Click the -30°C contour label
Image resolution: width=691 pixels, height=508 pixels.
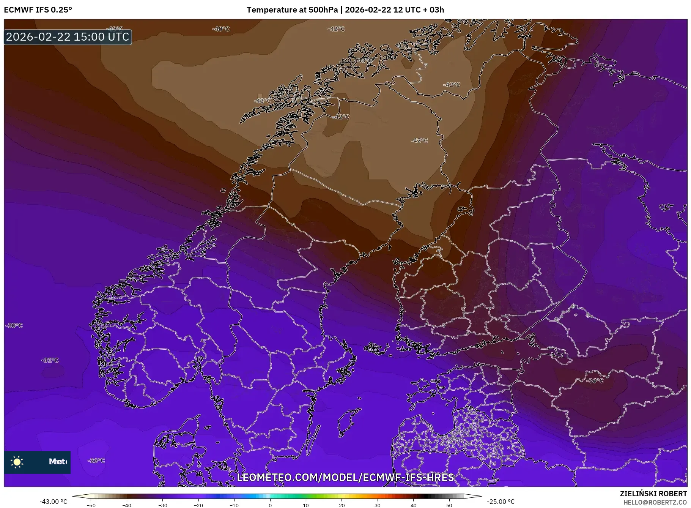point(14,325)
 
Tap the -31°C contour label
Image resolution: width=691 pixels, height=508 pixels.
point(50,360)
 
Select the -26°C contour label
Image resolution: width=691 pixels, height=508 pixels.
point(96,461)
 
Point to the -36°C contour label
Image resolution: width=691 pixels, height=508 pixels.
point(595,380)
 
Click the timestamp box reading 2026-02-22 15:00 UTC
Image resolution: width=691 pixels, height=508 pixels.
point(68,37)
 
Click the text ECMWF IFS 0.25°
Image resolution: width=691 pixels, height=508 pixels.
point(38,10)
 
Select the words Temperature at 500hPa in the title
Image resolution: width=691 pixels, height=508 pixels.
point(292,10)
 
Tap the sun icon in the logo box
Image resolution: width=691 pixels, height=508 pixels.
point(17,462)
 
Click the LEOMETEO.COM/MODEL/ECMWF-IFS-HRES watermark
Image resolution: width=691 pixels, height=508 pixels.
point(345,477)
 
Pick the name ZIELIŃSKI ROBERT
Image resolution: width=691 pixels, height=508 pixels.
point(653,494)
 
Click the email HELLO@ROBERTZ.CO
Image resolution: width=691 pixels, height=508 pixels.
point(655,502)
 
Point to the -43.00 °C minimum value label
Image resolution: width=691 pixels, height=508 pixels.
point(53,502)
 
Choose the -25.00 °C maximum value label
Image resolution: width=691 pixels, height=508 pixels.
point(501,502)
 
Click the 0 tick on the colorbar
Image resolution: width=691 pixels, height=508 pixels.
point(270,505)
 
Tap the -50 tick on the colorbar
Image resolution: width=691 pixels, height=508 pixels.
point(91,505)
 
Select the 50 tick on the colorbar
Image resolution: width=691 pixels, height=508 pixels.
point(449,505)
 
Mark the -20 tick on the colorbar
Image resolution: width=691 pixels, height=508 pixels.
point(198,505)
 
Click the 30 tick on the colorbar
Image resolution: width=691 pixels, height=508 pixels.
point(378,505)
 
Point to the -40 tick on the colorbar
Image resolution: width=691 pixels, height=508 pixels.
point(127,505)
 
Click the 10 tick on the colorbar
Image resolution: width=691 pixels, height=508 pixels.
point(306,505)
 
